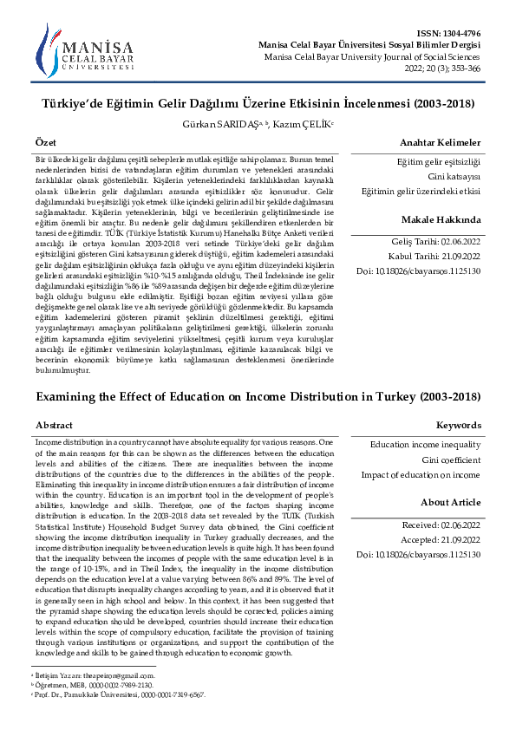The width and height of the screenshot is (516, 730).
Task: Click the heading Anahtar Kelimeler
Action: point(440,142)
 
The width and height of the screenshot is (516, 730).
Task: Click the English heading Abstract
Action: point(54,426)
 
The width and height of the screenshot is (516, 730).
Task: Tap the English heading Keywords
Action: point(458,426)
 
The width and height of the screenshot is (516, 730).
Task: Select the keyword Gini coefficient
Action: point(451,460)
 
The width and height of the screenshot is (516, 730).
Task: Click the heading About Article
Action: point(450,503)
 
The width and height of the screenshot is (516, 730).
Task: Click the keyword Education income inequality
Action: point(425,445)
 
